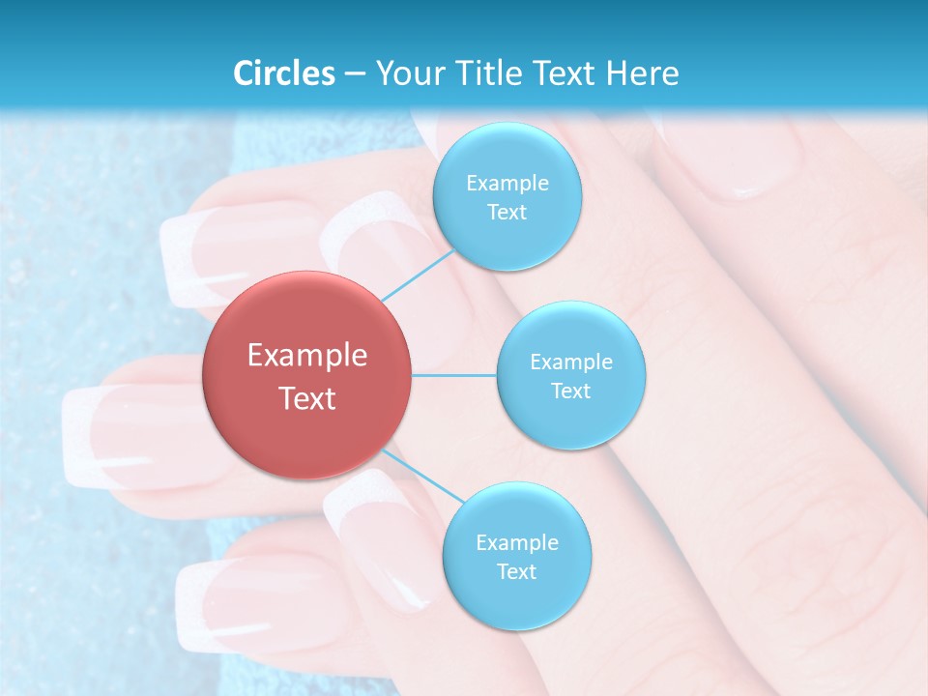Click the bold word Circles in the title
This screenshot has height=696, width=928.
pos(283,73)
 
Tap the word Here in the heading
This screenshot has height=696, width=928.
pos(643,73)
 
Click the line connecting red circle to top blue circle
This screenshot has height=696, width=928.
pos(418,275)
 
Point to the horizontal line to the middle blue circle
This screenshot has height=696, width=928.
pos(454,375)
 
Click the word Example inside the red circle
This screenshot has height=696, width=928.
pos(307,356)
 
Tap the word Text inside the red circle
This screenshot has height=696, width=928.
pos(307,398)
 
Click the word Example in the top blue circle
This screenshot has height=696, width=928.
pos(507,184)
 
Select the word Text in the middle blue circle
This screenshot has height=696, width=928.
pos(571,391)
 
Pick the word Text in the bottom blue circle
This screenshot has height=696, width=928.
pos(516,571)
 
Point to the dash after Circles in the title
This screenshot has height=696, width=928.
pos(354,74)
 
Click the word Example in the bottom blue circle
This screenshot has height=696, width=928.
pos(516,542)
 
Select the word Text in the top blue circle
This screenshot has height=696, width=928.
pos(507,213)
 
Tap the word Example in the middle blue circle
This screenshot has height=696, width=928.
pos(571,362)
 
